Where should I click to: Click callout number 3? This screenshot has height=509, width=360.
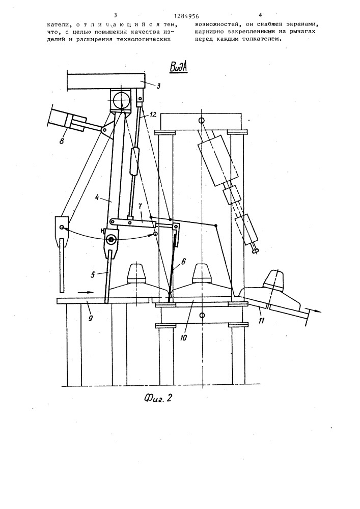(158, 87)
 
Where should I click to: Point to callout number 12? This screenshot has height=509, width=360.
(153, 115)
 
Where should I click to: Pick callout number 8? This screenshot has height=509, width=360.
(61, 141)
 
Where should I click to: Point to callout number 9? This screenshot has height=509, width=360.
(91, 318)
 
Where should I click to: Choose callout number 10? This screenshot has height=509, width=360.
(183, 338)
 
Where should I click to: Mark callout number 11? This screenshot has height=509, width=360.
(261, 321)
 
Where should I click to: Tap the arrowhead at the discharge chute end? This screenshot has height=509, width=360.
(319, 312)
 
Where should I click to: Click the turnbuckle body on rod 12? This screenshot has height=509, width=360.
(134, 161)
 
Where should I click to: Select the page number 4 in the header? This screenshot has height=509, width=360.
(260, 15)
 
